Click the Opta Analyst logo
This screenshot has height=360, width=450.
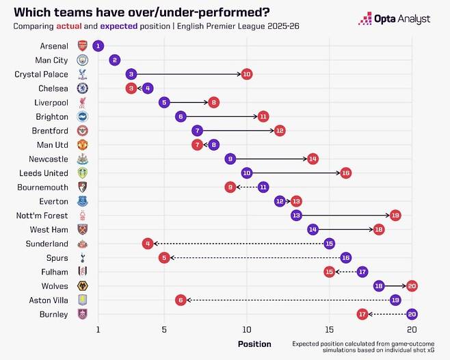pyautogui.click(x=395, y=18)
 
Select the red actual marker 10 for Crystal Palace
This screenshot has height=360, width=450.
pyautogui.click(x=246, y=74)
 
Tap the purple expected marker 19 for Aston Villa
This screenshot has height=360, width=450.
pyautogui.click(x=395, y=300)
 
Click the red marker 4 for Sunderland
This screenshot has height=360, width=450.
pyautogui.click(x=148, y=243)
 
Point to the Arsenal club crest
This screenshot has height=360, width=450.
pyautogui.click(x=82, y=46)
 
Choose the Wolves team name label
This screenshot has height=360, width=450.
pyautogui.click(x=53, y=286)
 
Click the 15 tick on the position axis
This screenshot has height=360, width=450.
pyautogui.click(x=330, y=329)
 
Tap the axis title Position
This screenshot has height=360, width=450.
pyautogui.click(x=254, y=344)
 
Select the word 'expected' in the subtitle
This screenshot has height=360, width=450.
pyautogui.click(x=121, y=26)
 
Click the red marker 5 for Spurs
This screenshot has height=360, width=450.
pyautogui.click(x=164, y=257)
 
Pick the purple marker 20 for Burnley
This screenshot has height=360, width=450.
pyautogui.click(x=412, y=314)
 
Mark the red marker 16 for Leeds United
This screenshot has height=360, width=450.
pyautogui.click(x=345, y=172)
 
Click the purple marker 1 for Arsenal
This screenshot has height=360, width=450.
pyautogui.click(x=98, y=46)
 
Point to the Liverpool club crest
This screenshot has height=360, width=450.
pyautogui.click(x=82, y=102)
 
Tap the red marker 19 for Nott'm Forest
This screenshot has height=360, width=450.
pyautogui.click(x=395, y=215)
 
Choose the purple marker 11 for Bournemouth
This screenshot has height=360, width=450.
pyautogui.click(x=263, y=187)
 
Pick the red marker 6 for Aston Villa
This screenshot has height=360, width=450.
pyautogui.click(x=181, y=300)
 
